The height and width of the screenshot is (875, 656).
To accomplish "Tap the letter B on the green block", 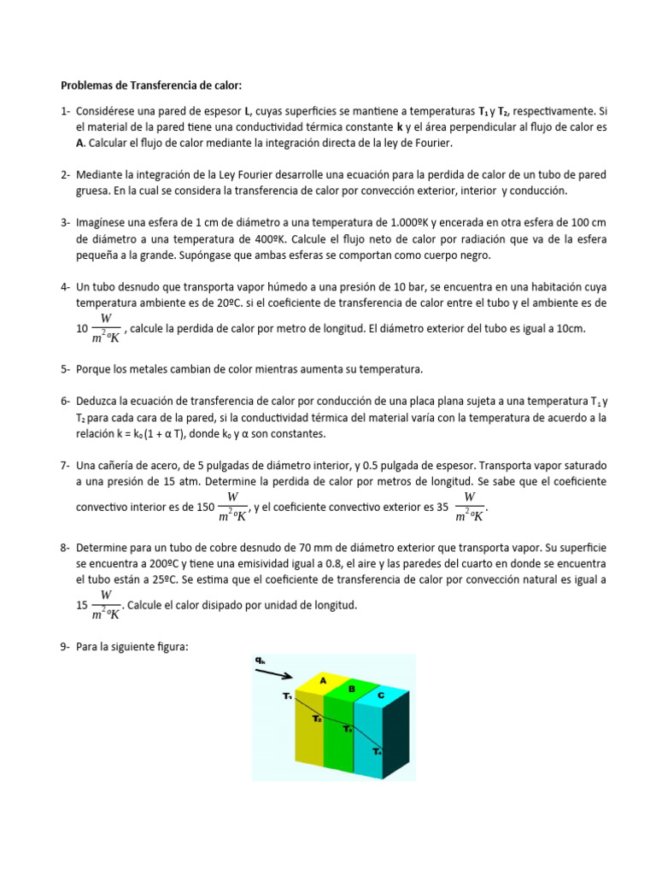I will coord(351,688).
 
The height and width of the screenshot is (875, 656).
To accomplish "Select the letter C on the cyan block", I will coord(380,696).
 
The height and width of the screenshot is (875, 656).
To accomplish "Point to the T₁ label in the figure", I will coord(287,696).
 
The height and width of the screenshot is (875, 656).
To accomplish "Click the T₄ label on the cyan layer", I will coord(377,751).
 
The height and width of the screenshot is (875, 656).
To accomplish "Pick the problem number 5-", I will coord(65,369).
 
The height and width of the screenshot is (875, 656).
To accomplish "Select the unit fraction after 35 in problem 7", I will coord(470,507).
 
